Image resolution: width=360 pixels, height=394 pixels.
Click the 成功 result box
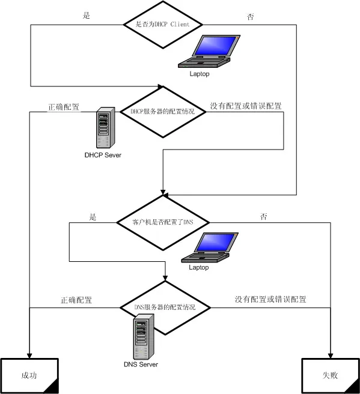point(29,375)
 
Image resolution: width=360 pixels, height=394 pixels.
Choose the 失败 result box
point(331,375)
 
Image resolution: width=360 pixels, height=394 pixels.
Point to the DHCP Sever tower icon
point(106,128)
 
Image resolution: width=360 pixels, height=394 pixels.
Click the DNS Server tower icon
point(144,337)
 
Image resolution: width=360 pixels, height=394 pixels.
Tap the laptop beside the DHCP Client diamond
point(209,51)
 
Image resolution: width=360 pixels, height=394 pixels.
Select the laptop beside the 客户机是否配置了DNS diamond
point(210,248)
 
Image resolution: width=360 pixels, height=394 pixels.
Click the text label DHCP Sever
point(103,155)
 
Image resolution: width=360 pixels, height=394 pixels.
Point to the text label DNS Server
point(141,365)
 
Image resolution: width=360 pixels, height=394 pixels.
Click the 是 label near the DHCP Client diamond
point(86,16)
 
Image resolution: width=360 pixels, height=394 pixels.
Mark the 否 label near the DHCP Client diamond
point(251,17)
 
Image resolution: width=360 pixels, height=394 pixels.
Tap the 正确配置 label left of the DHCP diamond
point(64,107)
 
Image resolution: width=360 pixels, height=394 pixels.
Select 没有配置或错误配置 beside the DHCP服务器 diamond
point(246,106)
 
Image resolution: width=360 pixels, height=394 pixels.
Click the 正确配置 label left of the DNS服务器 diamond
point(76,300)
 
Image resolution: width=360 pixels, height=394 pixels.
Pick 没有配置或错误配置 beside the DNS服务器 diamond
point(270,299)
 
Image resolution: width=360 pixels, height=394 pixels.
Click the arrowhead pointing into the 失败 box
point(331,356)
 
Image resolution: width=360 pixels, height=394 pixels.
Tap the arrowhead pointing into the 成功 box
point(29,356)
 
